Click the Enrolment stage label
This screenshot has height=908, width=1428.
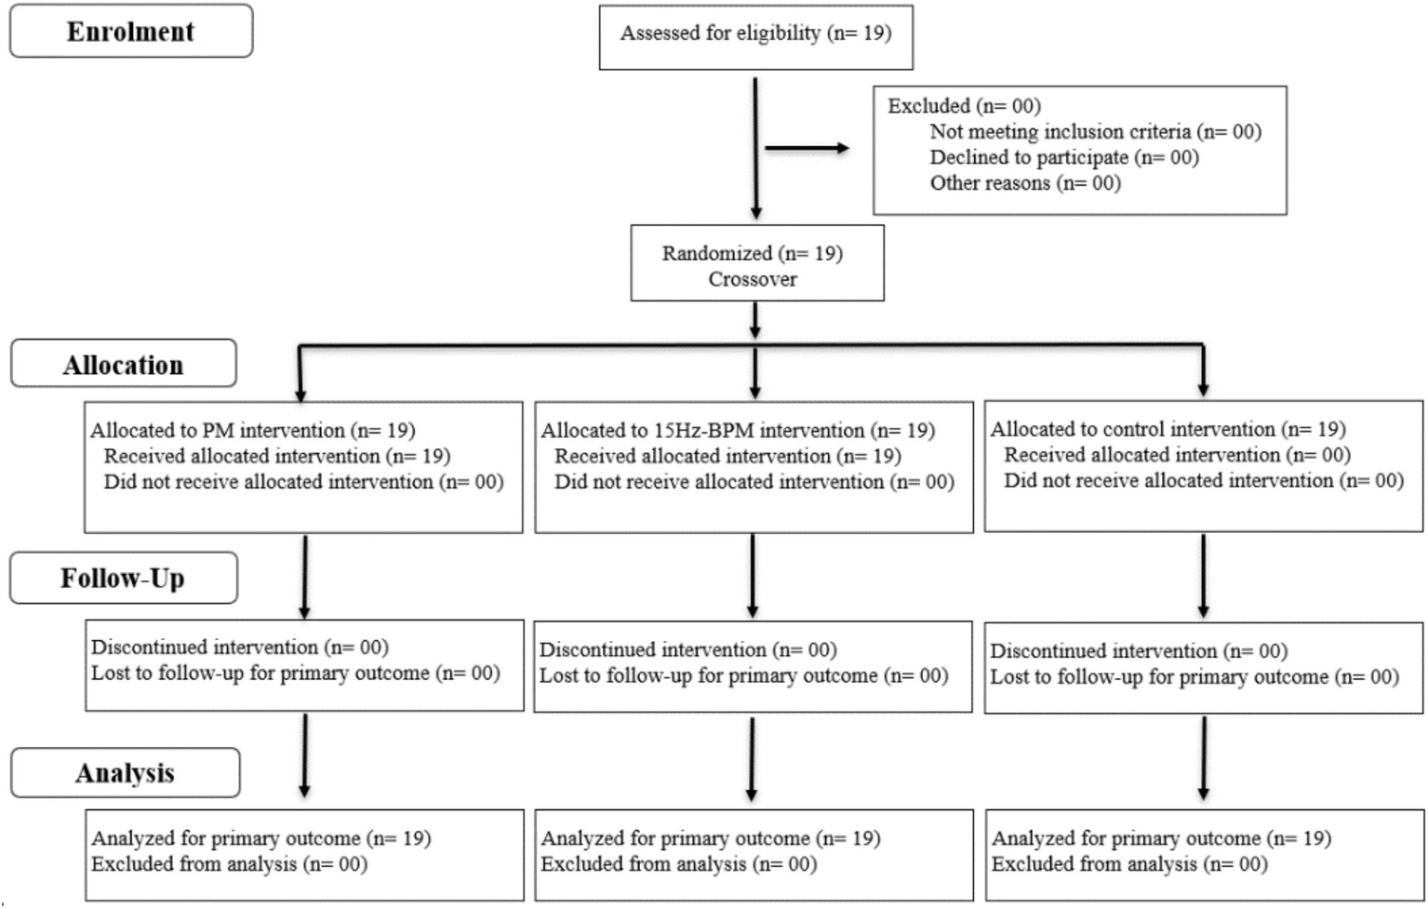[x=130, y=32]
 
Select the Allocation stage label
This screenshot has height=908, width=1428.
[x=123, y=365]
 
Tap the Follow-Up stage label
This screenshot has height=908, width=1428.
[x=123, y=579]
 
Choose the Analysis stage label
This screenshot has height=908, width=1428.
[x=125, y=773]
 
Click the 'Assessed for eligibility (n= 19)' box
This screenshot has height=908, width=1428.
[x=755, y=34]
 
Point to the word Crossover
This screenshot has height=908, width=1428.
[x=753, y=279]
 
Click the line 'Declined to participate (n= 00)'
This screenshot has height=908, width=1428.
[x=1063, y=157]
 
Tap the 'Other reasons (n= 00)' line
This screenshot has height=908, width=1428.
[x=1024, y=183]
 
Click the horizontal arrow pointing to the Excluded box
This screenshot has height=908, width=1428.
[x=806, y=148]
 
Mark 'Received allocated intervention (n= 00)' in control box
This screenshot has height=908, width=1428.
[x=1176, y=455]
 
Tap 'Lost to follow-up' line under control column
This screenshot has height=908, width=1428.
[x=1194, y=677]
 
